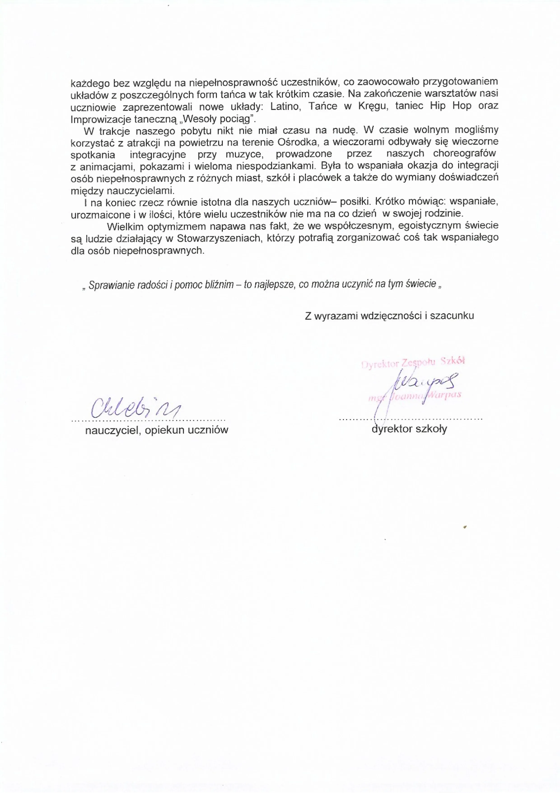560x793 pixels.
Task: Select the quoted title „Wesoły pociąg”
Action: [x=218, y=119]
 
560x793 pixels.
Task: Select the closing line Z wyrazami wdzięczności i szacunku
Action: [x=389, y=316]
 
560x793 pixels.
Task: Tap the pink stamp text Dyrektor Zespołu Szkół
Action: [x=413, y=362]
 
